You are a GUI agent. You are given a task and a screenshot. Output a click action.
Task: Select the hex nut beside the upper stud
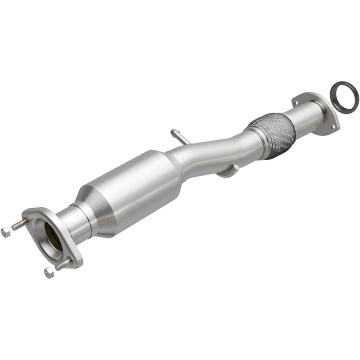coord(5,231)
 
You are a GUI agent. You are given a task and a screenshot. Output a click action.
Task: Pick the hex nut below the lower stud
coord(48,272)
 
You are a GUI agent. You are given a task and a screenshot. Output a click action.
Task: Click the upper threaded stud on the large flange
coord(20,224)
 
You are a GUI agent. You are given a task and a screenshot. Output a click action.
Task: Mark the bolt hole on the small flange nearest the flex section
coord(296,102)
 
